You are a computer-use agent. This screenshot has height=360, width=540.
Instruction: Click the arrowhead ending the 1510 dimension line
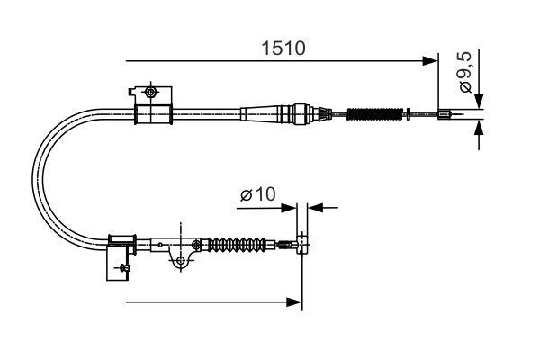[430, 61]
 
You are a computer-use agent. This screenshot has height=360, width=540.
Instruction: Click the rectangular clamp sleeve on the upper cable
[152, 114]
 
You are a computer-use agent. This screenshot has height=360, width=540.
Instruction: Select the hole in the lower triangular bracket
[182, 261]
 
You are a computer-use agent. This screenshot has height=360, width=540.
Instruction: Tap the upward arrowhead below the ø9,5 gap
[480, 129]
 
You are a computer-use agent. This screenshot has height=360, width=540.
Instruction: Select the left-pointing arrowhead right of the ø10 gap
[314, 207]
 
